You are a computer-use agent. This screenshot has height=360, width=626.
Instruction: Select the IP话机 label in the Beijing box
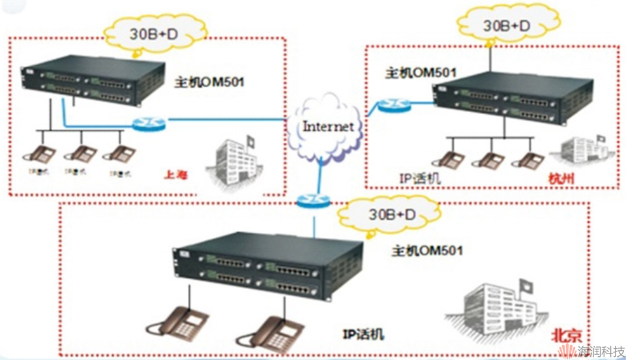[363, 335]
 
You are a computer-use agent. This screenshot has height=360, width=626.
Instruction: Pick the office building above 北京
[498, 301]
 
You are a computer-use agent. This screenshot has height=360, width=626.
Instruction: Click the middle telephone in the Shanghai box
[82, 154]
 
